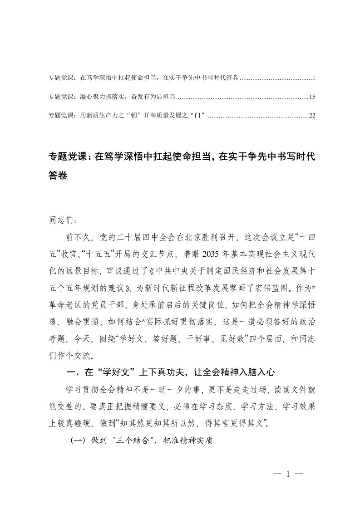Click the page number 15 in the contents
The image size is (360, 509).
[311, 97]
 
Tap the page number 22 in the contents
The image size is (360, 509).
[311, 116]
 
